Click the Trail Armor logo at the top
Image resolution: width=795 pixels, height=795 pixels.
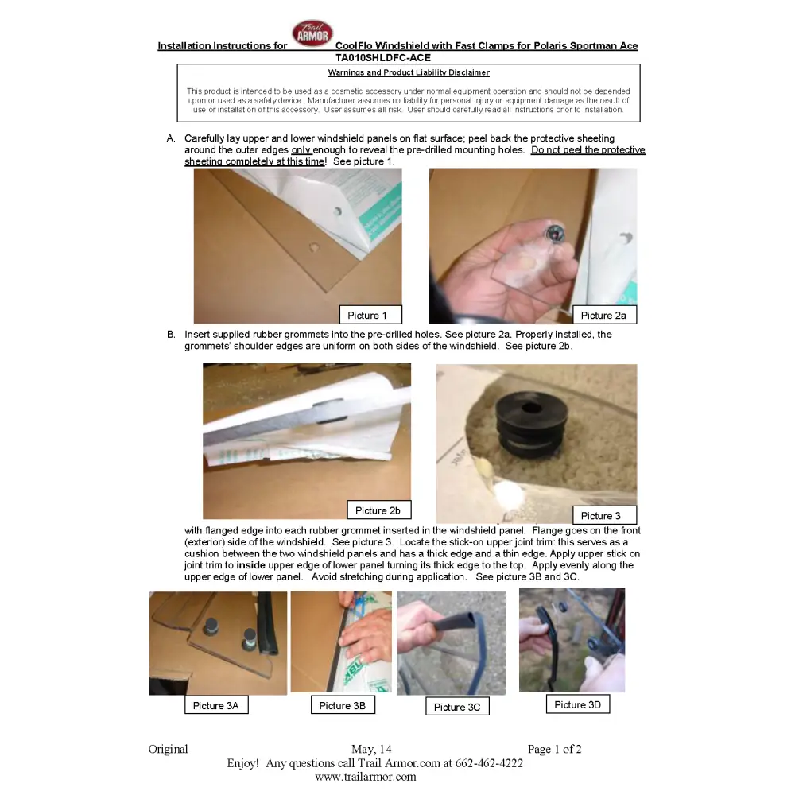pos(312,33)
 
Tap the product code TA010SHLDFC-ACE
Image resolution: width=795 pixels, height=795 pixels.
pos(383,58)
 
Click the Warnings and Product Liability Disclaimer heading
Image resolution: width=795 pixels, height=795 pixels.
pos(409,72)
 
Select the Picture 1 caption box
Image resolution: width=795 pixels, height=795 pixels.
pos(370,315)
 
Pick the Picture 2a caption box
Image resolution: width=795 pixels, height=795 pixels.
pos(604,315)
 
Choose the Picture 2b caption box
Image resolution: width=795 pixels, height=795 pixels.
pos(378,510)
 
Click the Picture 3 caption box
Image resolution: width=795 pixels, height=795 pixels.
pos(604,515)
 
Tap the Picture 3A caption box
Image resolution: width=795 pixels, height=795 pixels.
pos(216,704)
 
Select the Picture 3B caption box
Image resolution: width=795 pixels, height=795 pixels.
pos(343,704)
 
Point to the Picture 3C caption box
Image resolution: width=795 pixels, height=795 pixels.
pos(458,706)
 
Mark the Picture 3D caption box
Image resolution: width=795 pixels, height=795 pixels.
pos(578,704)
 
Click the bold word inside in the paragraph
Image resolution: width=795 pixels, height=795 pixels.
pos(251,564)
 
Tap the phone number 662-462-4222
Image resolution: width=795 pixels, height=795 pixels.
pos(489,763)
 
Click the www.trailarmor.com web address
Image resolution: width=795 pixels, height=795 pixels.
pos(366,777)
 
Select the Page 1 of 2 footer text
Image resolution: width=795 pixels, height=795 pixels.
pos(555,749)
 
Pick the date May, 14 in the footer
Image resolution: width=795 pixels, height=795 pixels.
pos(371,749)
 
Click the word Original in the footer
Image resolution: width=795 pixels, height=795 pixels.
pos(168,750)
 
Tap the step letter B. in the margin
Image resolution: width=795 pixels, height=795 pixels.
pos(172,334)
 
